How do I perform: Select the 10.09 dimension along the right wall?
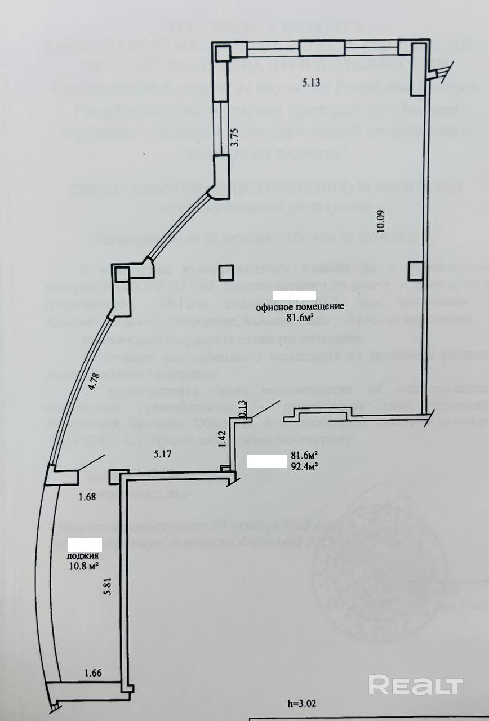click(381, 221)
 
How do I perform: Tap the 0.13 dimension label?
click(243, 407)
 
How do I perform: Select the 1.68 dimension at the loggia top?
click(87, 496)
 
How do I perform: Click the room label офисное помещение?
click(300, 307)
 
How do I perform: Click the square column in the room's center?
click(227, 273)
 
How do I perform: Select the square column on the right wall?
click(415, 271)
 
